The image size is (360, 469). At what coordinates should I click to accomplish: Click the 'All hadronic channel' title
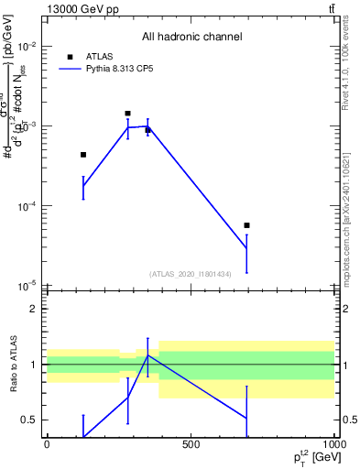tap(191, 38)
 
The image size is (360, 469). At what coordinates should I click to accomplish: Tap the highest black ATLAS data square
tap(127, 114)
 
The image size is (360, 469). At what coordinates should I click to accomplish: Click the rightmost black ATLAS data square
tap(246, 225)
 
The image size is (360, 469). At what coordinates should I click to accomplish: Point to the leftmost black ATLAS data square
tap(83, 155)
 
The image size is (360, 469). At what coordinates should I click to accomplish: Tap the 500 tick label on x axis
tap(191, 445)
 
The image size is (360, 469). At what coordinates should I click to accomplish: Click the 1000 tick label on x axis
tap(332, 445)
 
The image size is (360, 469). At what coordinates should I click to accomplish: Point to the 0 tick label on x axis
tap(47, 445)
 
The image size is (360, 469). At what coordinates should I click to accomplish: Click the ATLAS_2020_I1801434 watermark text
tap(190, 274)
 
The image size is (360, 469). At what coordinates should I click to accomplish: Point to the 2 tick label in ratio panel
tap(34, 309)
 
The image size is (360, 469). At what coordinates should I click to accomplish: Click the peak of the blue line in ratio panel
tap(147, 354)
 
